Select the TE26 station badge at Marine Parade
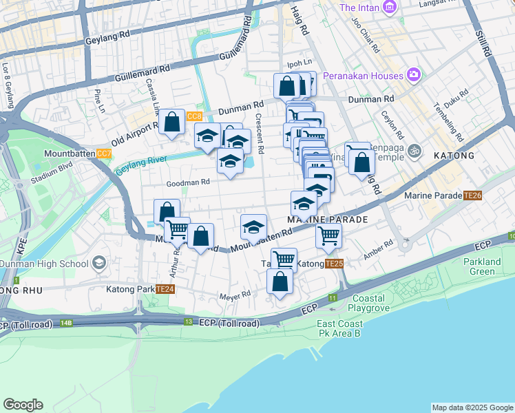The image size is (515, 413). click(472, 195)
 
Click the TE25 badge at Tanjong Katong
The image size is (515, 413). click(334, 264)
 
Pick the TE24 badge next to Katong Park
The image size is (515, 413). click(166, 289)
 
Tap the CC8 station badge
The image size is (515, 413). click(194, 116)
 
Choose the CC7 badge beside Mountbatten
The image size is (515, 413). click(104, 153)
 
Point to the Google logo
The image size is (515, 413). click(23, 405)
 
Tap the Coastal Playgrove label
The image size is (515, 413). click(375, 303)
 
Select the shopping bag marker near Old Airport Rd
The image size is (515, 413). click(171, 123)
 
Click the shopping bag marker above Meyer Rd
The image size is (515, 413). click(280, 282)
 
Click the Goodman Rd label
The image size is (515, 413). click(187, 182)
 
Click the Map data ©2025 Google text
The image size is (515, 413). click(472, 407)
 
